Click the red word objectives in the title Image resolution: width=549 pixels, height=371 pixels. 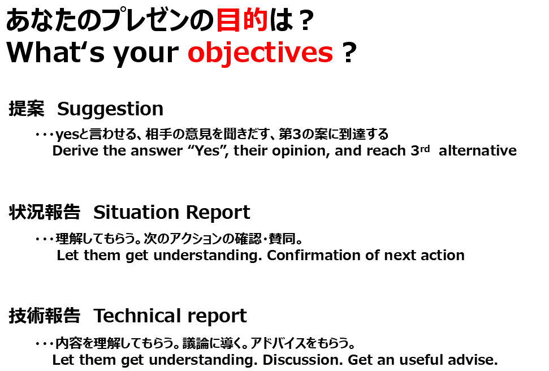click(260, 53)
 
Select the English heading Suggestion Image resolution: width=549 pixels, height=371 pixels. click(110, 109)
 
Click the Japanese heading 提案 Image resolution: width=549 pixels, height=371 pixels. click(27, 108)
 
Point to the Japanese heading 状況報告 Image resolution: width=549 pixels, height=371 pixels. click(45, 212)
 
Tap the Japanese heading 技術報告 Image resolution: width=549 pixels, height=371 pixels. click(45, 316)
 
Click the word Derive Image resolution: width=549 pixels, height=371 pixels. click(75, 151)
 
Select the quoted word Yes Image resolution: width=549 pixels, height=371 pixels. click(208, 151)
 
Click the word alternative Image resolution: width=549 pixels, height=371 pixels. click(478, 151)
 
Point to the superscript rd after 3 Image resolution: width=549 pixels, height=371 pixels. click(425, 148)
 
